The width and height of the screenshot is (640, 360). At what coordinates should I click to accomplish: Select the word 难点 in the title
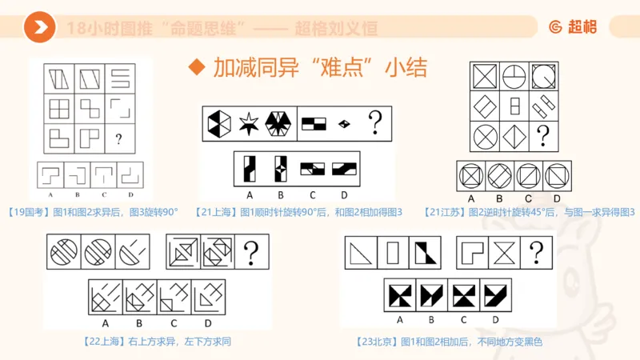347,67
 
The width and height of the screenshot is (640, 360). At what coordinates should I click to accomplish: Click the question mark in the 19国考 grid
118,140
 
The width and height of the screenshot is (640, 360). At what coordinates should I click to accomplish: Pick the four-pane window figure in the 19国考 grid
59,107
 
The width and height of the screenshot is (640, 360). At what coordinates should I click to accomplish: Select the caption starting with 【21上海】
300,211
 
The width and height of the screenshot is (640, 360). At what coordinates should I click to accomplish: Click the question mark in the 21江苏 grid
542,134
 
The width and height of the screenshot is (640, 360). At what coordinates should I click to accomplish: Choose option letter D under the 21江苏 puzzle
557,198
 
